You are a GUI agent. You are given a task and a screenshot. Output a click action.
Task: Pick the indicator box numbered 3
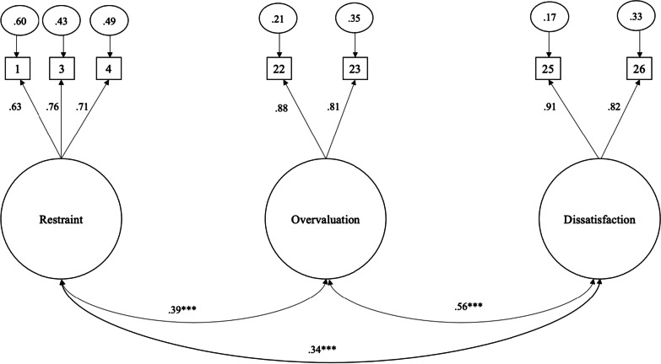click(x=62, y=67)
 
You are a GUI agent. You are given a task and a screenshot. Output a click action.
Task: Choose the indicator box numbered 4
click(x=106, y=67)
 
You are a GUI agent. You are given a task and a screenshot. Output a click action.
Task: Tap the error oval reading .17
click(x=550, y=19)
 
